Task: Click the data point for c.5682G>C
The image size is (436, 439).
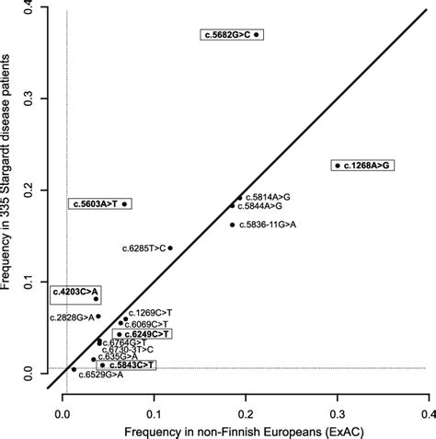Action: point(258,35)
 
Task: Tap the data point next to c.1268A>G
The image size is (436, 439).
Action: point(338,166)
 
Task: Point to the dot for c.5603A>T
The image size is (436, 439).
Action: point(125,203)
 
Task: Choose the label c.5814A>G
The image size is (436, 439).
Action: point(268,196)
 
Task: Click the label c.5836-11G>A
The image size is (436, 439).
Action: point(268,225)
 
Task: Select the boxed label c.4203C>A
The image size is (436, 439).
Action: point(75,293)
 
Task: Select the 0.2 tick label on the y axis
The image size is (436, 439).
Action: point(30,191)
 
